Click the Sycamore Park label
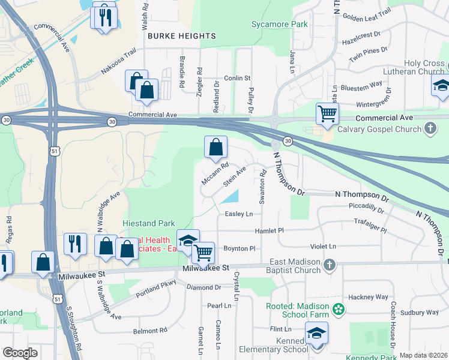(279, 25)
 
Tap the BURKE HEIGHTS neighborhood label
(173, 36)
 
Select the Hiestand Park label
(149, 223)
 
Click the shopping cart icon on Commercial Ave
(327, 113)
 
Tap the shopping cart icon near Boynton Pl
(204, 253)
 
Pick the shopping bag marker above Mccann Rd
(216, 147)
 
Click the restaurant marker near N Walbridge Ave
(74, 244)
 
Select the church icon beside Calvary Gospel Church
(430, 128)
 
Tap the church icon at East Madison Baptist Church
(329, 265)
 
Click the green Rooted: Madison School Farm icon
(339, 309)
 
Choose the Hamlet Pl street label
(269, 230)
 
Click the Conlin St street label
(237, 78)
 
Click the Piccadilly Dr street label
(366, 208)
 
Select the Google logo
(20, 353)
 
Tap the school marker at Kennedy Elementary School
(316, 334)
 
